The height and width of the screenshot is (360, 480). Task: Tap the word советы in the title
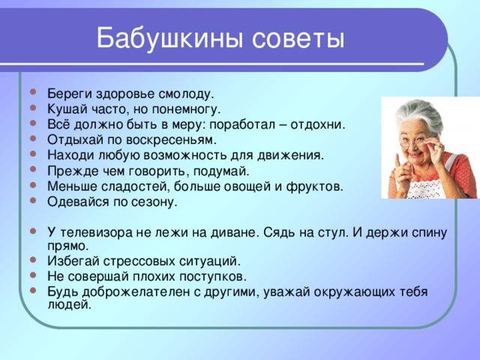pos(298,39)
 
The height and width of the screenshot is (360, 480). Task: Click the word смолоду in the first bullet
pos(185,94)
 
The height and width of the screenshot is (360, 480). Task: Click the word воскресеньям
pos(171,140)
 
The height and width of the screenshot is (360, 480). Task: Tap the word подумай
pos(221,171)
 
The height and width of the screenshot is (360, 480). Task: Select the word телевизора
pos(96,232)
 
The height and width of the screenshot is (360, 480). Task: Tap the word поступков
pos(213,277)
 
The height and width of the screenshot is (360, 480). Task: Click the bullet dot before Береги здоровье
pos(33,91)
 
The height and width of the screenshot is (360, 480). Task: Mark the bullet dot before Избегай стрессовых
pos(33,259)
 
